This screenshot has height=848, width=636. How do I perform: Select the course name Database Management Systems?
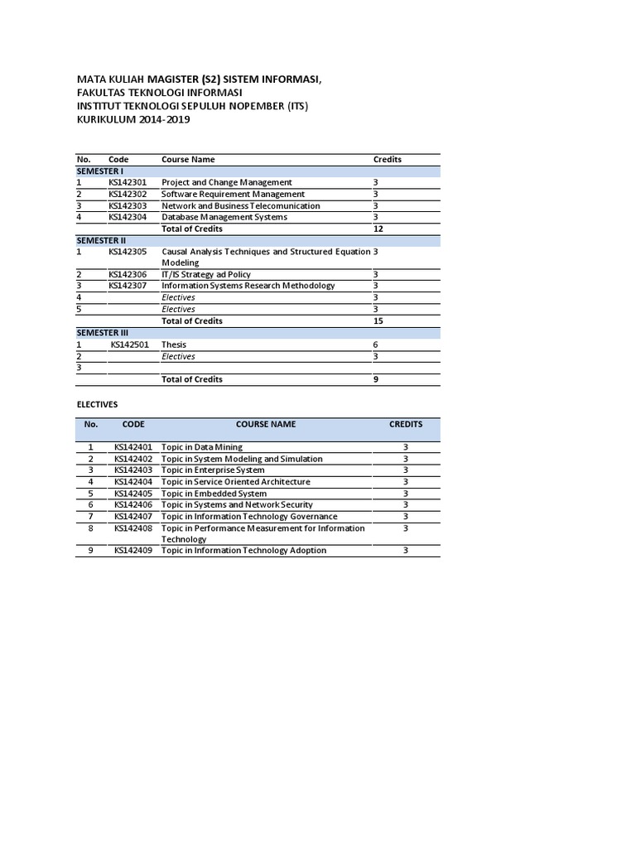pyautogui.click(x=224, y=217)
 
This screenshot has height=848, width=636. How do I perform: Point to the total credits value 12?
pyautogui.click(x=378, y=229)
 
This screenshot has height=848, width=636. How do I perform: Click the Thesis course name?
pyautogui.click(x=174, y=344)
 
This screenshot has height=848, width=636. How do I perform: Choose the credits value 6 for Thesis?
pyautogui.click(x=376, y=344)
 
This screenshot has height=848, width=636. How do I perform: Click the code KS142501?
pyautogui.click(x=130, y=344)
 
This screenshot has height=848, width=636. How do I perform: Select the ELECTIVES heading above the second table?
pyautogui.click(x=97, y=404)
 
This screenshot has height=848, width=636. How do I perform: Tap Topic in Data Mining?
pyautogui.click(x=202, y=447)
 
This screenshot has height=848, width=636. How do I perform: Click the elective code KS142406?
pyautogui.click(x=133, y=504)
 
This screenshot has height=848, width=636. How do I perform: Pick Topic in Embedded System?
pyautogui.click(x=214, y=493)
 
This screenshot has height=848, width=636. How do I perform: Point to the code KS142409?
pyautogui.click(x=133, y=550)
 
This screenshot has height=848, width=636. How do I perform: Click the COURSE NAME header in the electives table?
pyautogui.click(x=265, y=424)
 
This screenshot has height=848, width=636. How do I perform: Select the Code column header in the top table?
pyautogui.click(x=118, y=159)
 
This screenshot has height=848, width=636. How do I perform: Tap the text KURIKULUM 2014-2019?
pyautogui.click(x=133, y=120)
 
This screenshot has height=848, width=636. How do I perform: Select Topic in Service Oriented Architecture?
pyautogui.click(x=236, y=481)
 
